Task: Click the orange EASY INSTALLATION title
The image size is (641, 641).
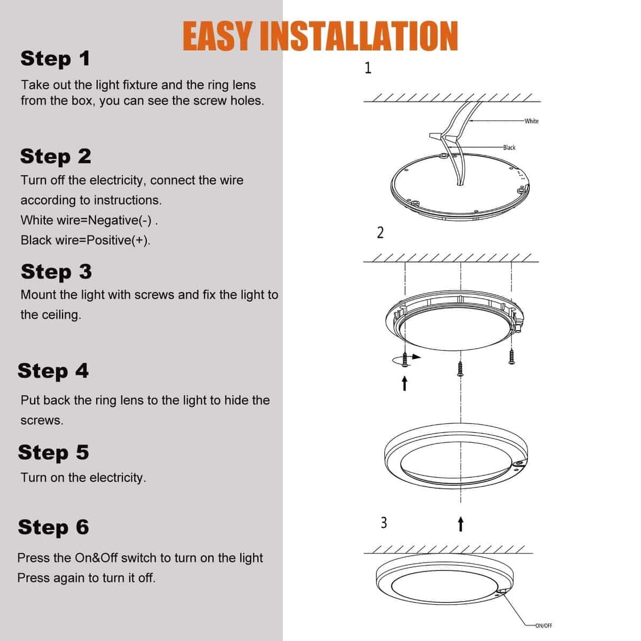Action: (320, 36)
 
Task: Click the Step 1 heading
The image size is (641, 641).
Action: (55, 58)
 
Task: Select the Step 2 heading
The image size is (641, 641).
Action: (56, 156)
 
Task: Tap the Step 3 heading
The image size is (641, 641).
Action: (56, 271)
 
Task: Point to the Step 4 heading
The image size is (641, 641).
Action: (53, 370)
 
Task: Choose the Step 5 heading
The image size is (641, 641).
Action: (53, 452)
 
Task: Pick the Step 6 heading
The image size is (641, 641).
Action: (53, 527)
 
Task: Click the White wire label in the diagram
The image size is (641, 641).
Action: (531, 121)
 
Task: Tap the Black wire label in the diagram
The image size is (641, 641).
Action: (509, 147)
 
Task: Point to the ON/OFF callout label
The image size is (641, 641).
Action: (543, 626)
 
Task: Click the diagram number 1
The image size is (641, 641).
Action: (368, 68)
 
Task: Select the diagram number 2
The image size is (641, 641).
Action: (380, 233)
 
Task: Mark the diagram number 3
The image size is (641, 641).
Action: (384, 522)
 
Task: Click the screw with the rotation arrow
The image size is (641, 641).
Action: (405, 358)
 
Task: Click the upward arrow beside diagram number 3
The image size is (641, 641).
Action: (460, 524)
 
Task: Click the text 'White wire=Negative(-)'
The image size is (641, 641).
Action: (89, 220)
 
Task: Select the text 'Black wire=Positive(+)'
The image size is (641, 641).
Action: (85, 240)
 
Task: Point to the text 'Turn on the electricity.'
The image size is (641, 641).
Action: (83, 478)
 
